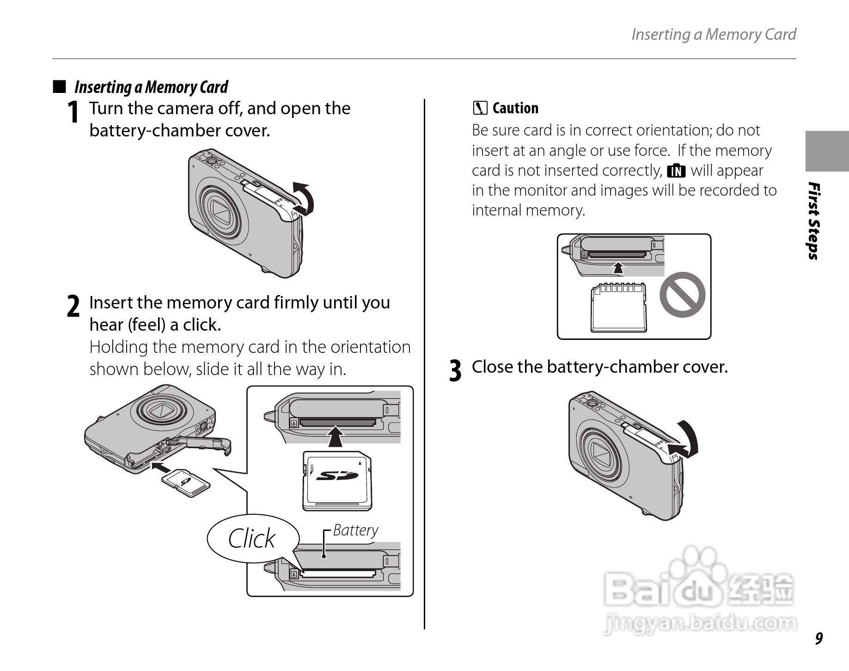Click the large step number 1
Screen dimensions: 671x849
tap(73, 112)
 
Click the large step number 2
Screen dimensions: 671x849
tap(73, 307)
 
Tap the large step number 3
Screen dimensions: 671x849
tap(455, 371)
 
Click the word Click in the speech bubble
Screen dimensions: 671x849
tap(251, 539)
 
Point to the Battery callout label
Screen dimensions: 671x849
tap(355, 530)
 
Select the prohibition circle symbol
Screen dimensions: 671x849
tap(682, 295)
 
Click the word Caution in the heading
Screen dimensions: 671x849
tap(515, 108)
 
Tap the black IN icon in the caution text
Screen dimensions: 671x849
tap(676, 171)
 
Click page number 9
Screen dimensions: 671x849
tap(819, 638)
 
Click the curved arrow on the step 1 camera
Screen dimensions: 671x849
tap(304, 198)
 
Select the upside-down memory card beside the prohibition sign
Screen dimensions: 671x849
tap(618, 308)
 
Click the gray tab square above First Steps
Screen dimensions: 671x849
tap(827, 151)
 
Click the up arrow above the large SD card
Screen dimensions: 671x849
tap(337, 437)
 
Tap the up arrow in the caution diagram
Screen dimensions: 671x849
tap(618, 268)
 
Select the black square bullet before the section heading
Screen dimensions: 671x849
tap(59, 86)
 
